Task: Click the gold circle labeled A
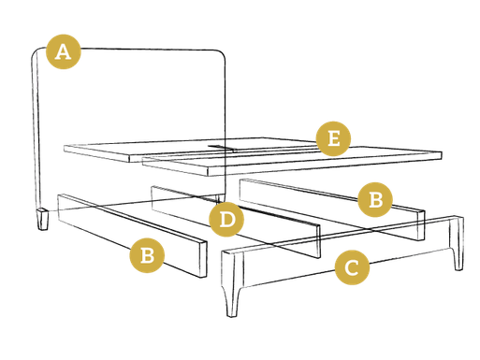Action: [64, 51]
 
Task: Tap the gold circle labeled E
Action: [333, 138]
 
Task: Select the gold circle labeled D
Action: [226, 219]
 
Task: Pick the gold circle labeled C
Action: [352, 267]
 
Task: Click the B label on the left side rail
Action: [147, 255]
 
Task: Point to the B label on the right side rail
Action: [375, 199]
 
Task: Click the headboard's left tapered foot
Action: [43, 220]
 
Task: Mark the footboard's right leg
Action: [457, 243]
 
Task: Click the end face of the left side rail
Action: [203, 259]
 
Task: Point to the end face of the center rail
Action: [318, 241]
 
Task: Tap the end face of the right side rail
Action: [421, 225]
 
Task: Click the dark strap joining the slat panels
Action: [222, 148]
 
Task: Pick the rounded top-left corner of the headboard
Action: [36, 53]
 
